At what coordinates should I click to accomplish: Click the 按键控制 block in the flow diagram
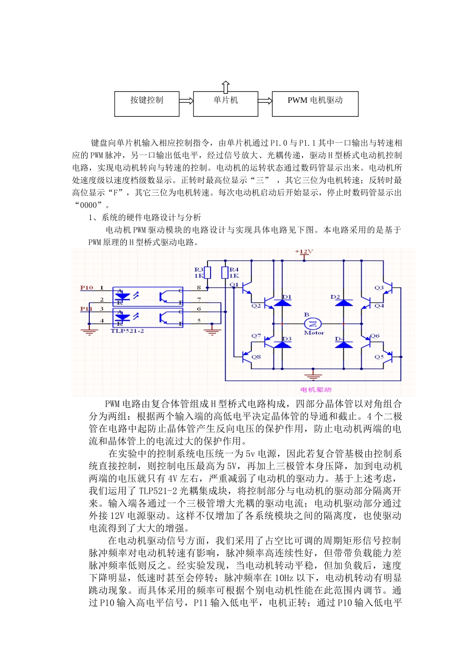(x=147, y=103)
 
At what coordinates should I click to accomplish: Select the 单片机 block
(x=226, y=103)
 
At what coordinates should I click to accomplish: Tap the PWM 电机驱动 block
(x=315, y=103)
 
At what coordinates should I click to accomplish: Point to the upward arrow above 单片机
(x=226, y=87)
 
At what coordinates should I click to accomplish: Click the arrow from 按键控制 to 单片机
(x=186, y=101)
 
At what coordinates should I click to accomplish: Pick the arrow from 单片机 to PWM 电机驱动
(x=265, y=101)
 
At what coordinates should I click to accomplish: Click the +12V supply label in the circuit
(x=303, y=252)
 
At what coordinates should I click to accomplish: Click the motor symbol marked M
(x=313, y=324)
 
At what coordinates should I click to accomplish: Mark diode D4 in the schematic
(x=344, y=344)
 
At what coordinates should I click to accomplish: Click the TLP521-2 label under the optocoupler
(x=127, y=331)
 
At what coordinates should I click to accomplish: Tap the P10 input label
(x=86, y=288)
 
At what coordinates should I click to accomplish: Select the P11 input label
(x=86, y=309)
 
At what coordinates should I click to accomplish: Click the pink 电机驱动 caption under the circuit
(x=316, y=389)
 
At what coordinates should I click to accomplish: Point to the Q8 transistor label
(x=256, y=357)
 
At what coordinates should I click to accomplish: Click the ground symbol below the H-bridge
(x=313, y=372)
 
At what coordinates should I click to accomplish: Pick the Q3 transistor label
(x=379, y=288)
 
